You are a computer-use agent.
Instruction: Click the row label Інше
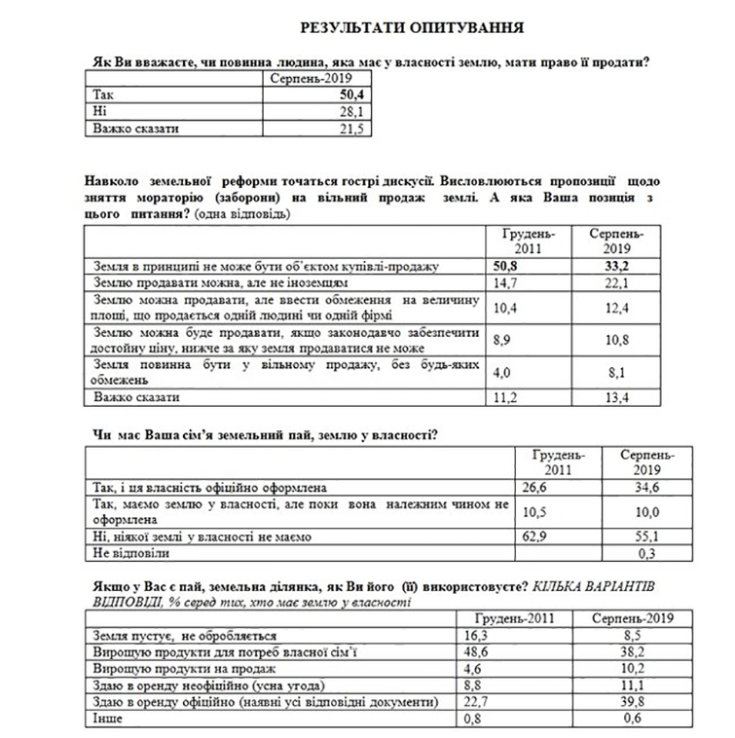click(x=108, y=720)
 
